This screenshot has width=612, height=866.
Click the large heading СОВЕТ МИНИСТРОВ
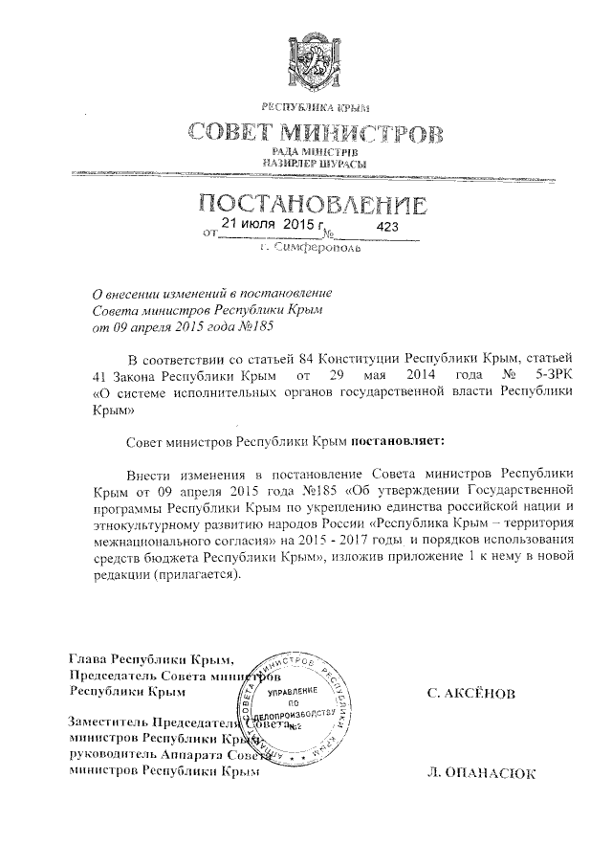pos(315,132)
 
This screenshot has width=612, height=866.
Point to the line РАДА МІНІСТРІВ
pos(315,153)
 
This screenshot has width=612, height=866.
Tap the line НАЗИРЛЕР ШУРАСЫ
pos(315,165)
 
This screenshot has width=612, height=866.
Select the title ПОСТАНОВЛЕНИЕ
pos(312,204)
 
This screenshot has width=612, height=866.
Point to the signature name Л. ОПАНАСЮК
pos(482,773)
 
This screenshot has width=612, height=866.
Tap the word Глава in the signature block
pos(87,659)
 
